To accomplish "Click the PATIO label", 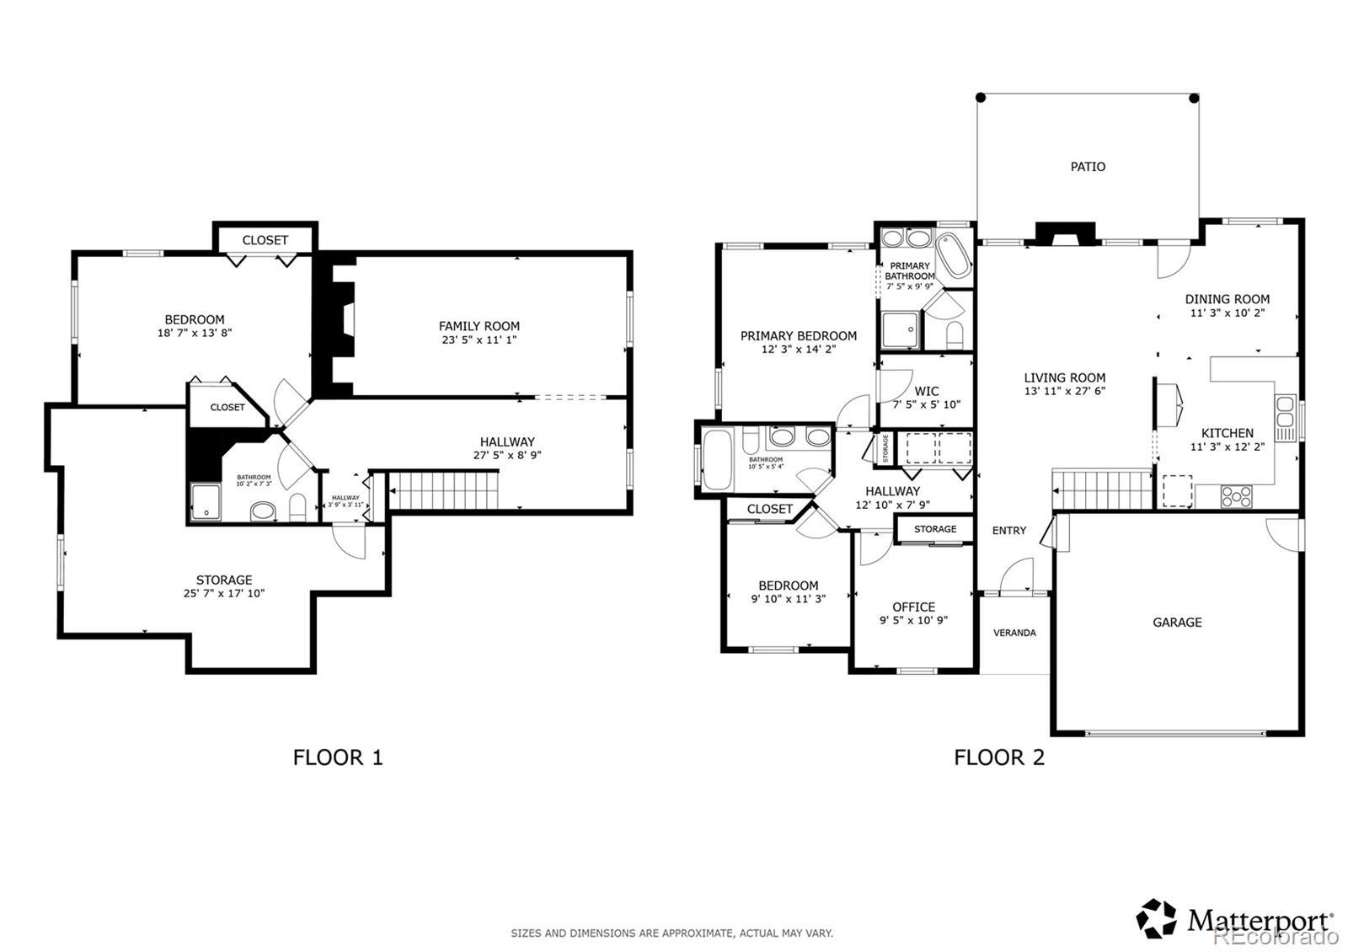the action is coord(1088,167).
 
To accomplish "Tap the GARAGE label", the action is coord(1177,623).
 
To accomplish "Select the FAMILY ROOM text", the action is coord(479,326).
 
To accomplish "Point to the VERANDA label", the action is coord(1014,633).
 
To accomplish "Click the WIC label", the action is coord(927,391).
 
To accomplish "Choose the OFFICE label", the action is coord(913,607).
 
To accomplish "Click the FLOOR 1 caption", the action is coord(338,757).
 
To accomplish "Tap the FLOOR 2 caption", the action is coord(999,757).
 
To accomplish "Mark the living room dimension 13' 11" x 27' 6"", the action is coord(1065,391).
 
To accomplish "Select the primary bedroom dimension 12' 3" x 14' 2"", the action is coord(799,349).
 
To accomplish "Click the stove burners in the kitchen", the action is coord(1236,497).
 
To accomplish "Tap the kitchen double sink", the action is coord(1285,411).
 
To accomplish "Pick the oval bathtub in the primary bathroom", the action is coord(954,255).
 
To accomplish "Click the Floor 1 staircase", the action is coord(444,490).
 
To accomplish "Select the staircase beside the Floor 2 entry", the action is coord(1102,490).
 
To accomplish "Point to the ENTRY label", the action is coord(1009,531).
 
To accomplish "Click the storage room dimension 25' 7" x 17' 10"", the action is coord(224,593).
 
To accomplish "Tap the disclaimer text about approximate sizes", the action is coord(672,933).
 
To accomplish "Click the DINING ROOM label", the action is coord(1227,299).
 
